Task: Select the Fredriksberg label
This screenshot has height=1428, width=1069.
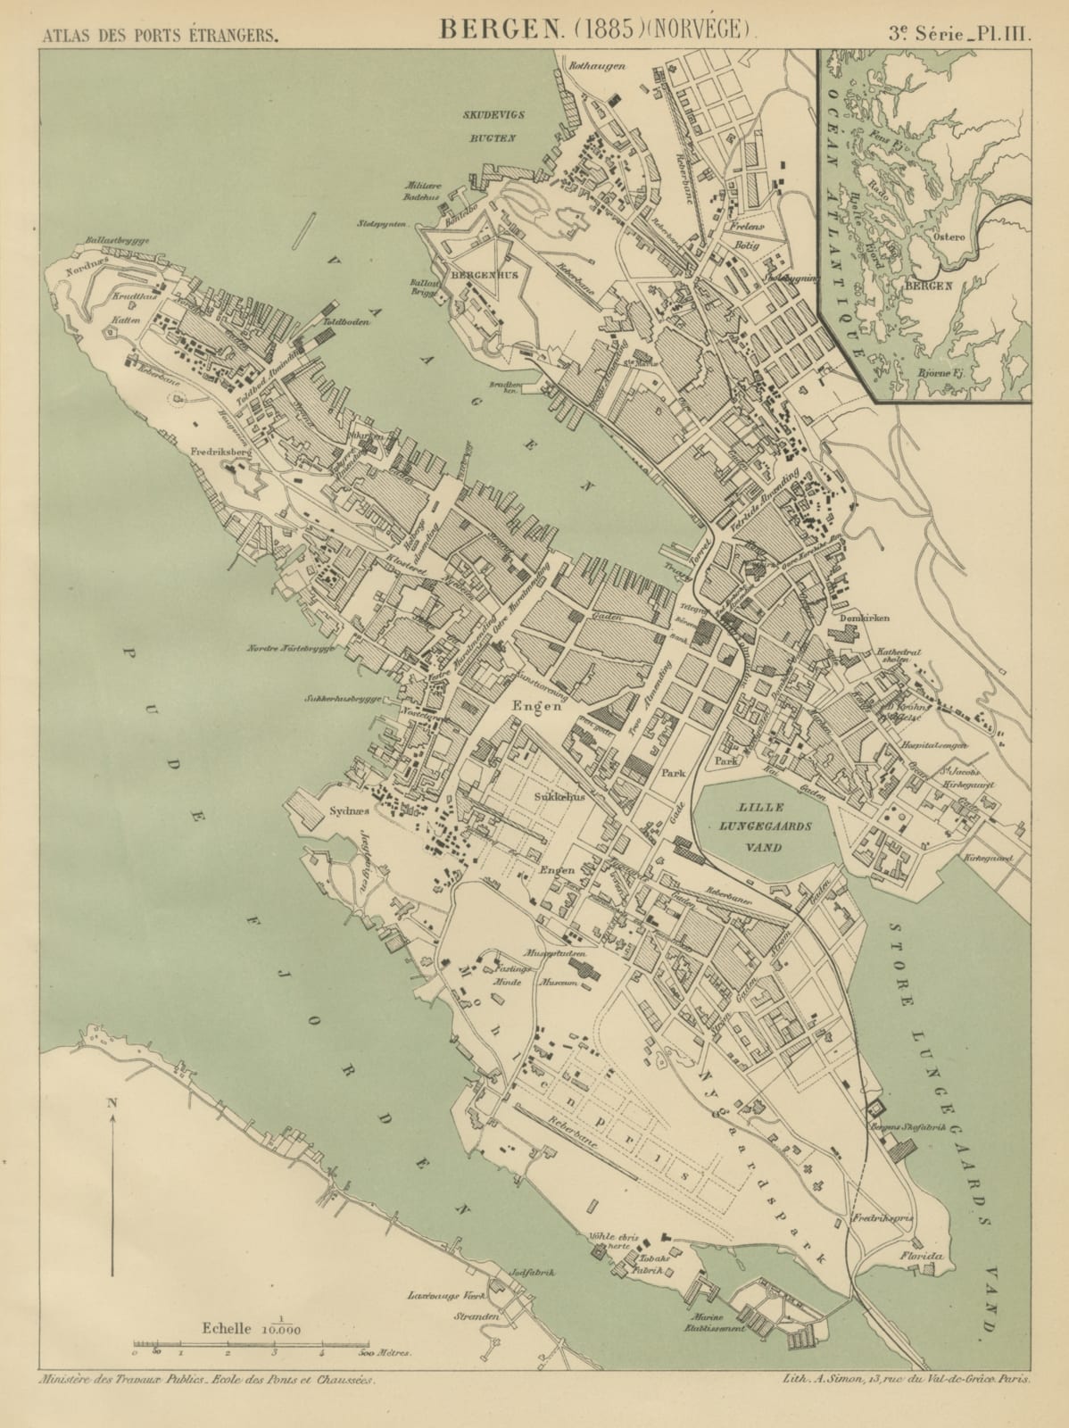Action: coord(223,452)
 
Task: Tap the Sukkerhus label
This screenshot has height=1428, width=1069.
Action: coord(559,797)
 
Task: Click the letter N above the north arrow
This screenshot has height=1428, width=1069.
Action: coord(112,1102)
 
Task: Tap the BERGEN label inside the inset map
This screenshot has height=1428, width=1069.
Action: coord(929,286)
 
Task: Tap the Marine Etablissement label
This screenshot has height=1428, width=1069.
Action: coord(705,1323)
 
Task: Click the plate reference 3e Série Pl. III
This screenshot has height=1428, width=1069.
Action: coord(957,34)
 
